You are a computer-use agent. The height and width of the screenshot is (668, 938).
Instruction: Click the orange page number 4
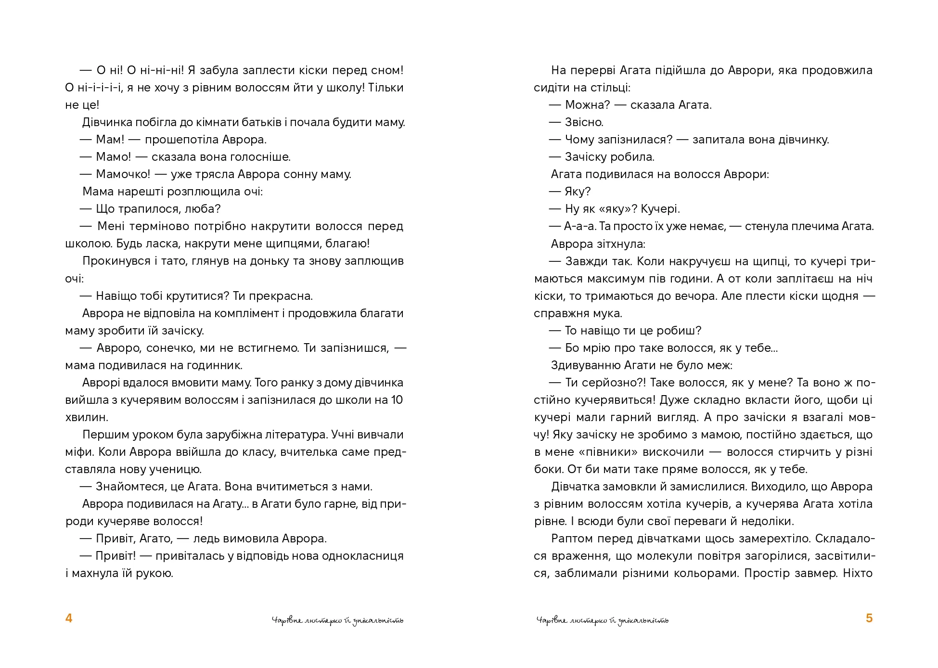(x=69, y=618)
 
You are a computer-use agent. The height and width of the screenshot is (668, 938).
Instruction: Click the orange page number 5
(x=869, y=618)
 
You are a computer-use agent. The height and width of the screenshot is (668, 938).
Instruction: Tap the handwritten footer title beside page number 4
(x=337, y=620)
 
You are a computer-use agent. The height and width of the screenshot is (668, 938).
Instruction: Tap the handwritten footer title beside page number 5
(x=602, y=620)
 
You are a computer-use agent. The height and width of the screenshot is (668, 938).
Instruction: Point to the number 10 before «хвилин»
(x=397, y=400)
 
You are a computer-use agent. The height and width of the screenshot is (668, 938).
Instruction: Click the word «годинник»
(x=214, y=365)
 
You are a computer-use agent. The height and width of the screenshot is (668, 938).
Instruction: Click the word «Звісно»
(x=584, y=122)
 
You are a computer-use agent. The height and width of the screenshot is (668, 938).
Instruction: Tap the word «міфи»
(x=77, y=452)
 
